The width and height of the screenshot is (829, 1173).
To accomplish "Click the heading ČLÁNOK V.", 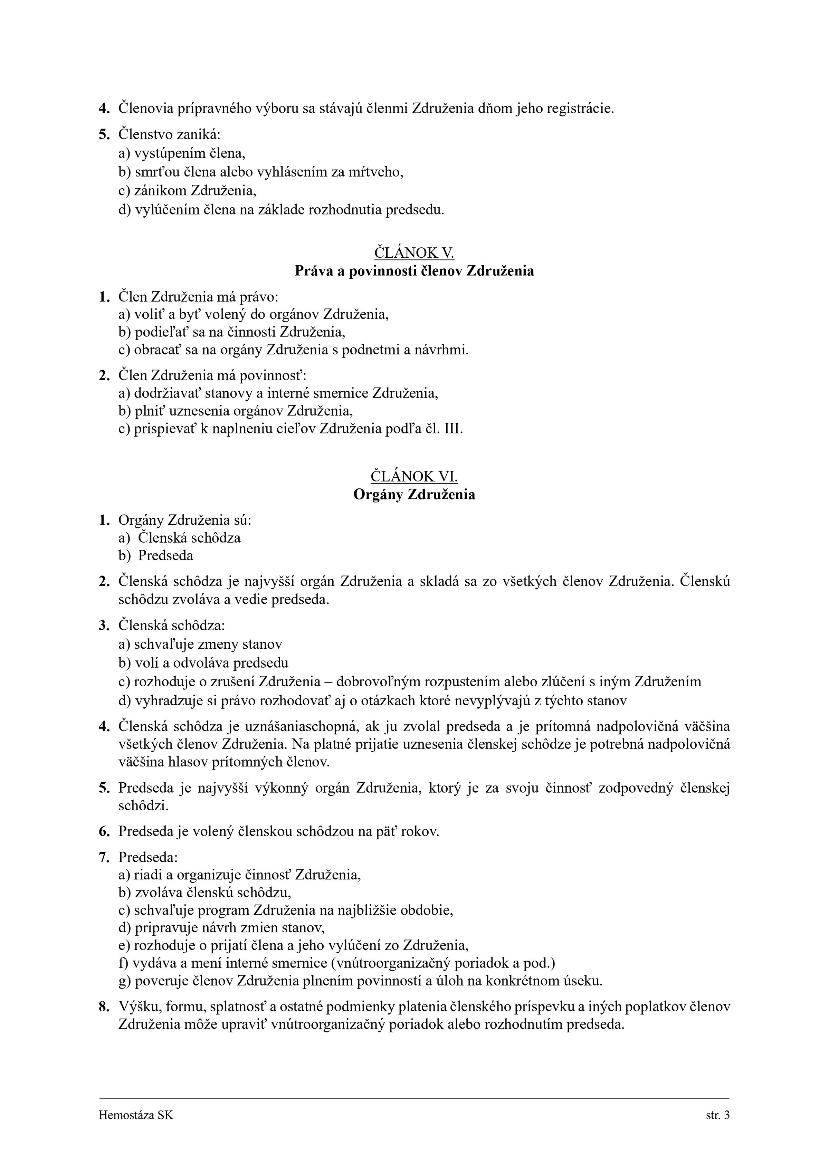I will tap(414, 252).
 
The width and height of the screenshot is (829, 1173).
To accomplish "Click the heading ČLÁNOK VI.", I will tap(414, 476).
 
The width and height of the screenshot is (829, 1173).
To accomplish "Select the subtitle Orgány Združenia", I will tap(414, 495).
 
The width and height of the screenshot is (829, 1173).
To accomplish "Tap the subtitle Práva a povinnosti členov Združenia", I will tap(414, 271).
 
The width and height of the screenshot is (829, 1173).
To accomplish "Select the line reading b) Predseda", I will tap(156, 555).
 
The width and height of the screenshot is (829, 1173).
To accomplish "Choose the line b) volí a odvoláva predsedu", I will tap(203, 662).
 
